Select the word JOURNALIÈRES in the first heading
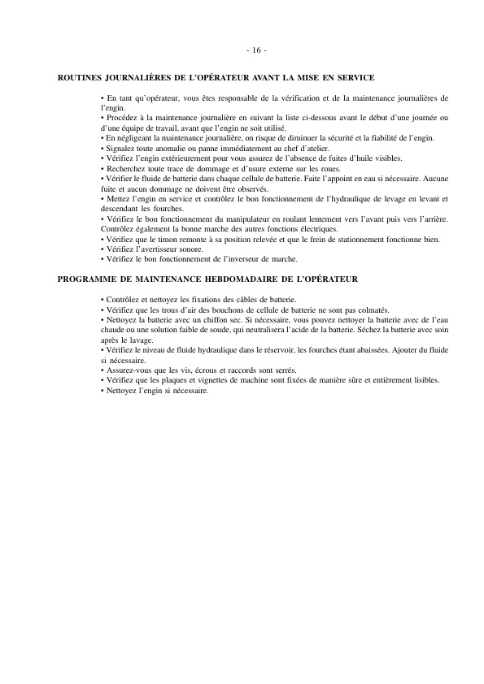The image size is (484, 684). (x=140, y=78)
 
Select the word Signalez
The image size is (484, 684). (x=120, y=148)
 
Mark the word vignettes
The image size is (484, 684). (x=195, y=379)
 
